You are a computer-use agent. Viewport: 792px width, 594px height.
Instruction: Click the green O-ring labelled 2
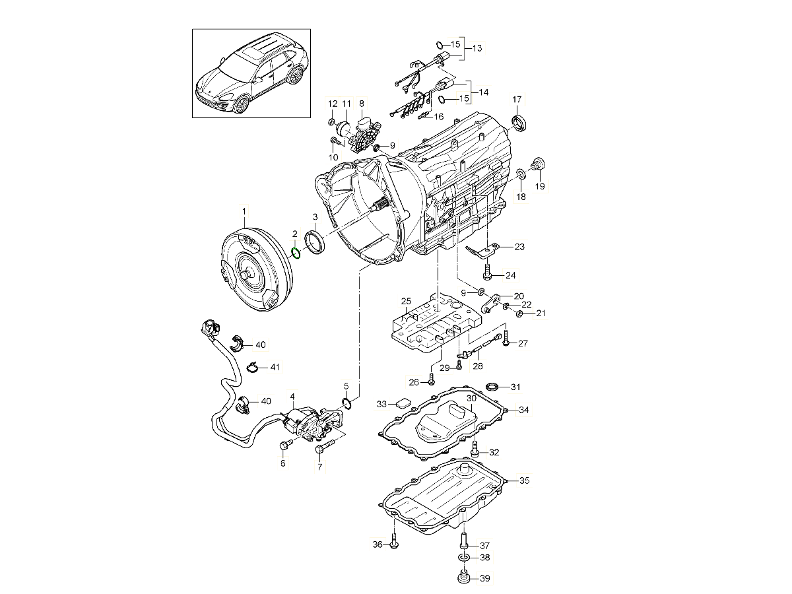[x=296, y=252]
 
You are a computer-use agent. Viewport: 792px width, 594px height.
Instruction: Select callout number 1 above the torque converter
[x=244, y=211]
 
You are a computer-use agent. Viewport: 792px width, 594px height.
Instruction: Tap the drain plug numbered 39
[x=463, y=579]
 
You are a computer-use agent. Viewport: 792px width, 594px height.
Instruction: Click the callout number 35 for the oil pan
[x=524, y=480]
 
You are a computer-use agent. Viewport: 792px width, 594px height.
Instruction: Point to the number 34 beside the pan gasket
[x=523, y=410]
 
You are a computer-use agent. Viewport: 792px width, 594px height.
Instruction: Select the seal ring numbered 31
[x=492, y=386]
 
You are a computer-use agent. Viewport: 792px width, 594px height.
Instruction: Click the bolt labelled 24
[x=487, y=271]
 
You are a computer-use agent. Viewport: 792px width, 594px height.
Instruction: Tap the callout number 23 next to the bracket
[x=519, y=247]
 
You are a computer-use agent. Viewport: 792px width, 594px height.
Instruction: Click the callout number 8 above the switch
[x=361, y=104]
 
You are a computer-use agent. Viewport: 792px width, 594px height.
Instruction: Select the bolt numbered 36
[x=393, y=543]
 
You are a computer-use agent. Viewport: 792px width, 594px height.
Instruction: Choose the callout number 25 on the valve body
[x=405, y=302]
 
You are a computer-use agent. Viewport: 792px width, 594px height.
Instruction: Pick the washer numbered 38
[x=463, y=558]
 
